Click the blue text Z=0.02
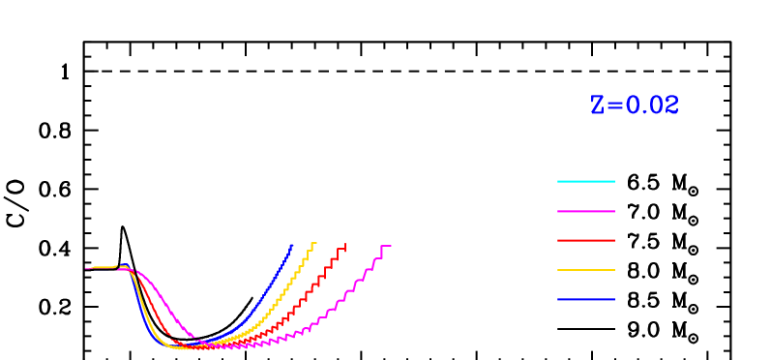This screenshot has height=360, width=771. point(635,105)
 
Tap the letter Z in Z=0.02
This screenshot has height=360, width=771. point(598,105)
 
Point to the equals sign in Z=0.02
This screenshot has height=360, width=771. point(615,105)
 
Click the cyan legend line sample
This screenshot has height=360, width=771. point(585,181)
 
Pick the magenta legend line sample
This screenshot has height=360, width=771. point(585,211)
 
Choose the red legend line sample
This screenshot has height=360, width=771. point(585,240)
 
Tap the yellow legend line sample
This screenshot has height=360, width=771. point(585,270)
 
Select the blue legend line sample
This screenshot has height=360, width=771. point(585,299)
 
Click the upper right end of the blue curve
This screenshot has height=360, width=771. point(292,245)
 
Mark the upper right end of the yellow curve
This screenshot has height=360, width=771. point(314,243)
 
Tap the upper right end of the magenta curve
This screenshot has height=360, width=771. point(389,247)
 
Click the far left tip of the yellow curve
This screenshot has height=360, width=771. point(87,268)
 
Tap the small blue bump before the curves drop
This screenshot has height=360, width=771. point(123,265)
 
